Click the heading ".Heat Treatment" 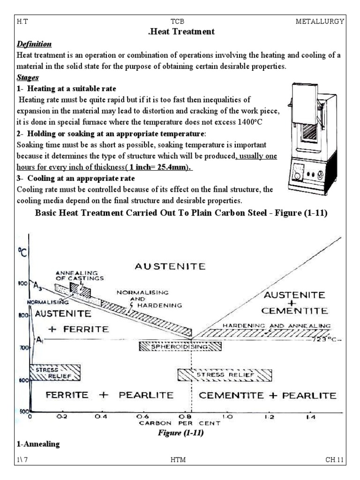(x=180, y=32)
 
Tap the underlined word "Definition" (x=34, y=44)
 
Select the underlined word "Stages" (x=28, y=77)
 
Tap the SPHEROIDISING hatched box (x=180, y=347)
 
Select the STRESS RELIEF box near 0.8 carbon (x=225, y=375)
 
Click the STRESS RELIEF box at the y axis (x=55, y=372)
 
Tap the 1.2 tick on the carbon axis (x=268, y=416)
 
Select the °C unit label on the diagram (x=22, y=254)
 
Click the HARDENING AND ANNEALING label (x=277, y=325)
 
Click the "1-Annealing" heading (x=38, y=444)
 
